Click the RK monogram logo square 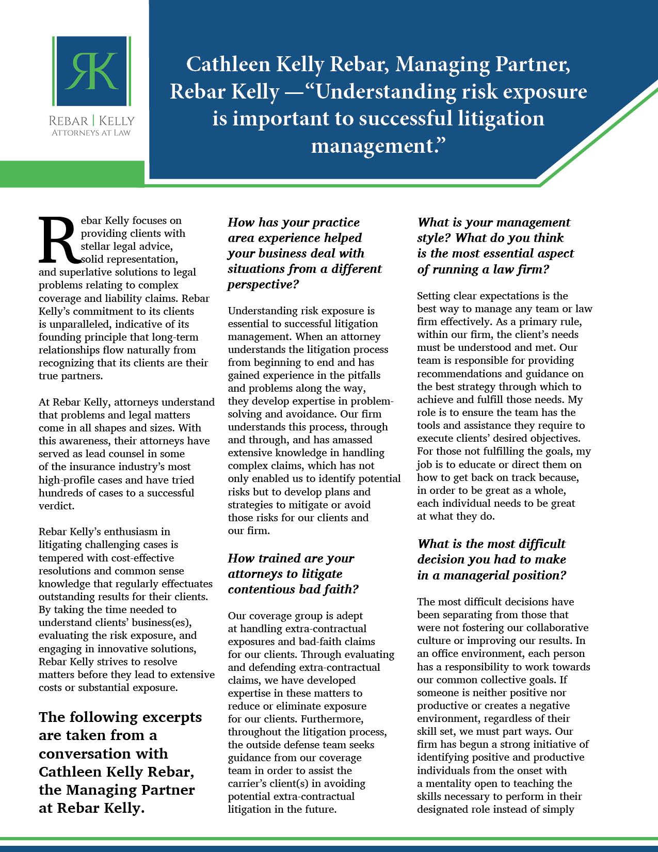[91, 71]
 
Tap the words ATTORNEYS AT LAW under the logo [91, 133]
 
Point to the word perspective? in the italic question [263, 284]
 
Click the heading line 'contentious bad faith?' [293, 589]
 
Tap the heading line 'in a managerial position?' [491, 575]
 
